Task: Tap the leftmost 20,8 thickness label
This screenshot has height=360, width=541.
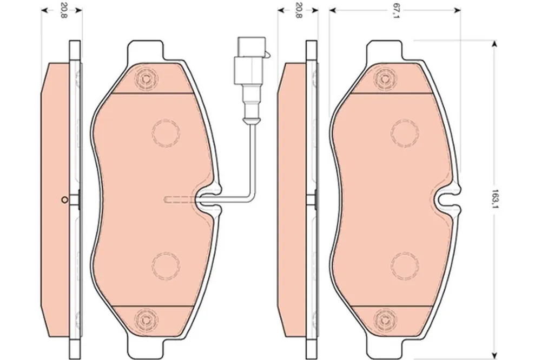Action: pyautogui.click(x=62, y=10)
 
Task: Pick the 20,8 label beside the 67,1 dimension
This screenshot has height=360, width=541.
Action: pyautogui.click(x=299, y=10)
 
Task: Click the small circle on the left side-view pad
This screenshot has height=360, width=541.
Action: pyautogui.click(x=64, y=199)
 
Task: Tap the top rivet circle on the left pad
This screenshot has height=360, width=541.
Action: pyautogui.click(x=147, y=78)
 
